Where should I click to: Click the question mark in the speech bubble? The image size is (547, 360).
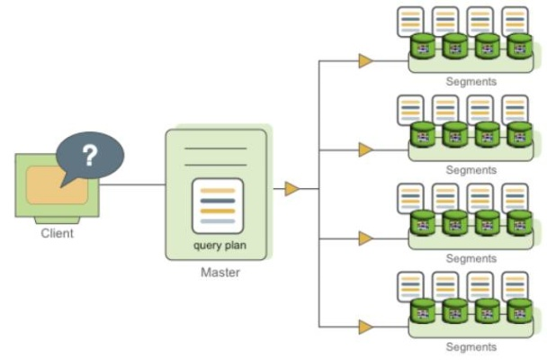89,157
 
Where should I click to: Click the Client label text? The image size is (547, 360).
58,233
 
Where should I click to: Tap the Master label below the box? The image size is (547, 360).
220,273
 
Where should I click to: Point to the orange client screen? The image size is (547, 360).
56,185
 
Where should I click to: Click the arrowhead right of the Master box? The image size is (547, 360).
291,189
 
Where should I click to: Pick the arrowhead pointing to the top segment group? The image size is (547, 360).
365,61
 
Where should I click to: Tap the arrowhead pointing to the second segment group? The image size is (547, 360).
365,149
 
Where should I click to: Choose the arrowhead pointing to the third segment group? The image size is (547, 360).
365,238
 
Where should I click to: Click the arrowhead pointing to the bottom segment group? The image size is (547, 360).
365,327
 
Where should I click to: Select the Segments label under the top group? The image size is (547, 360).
471,81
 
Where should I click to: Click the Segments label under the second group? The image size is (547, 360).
471,169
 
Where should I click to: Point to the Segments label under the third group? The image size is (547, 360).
471,258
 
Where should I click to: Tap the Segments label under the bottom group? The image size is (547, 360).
471,346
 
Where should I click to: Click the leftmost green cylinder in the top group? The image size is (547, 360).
423,46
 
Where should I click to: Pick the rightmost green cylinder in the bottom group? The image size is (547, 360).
519,311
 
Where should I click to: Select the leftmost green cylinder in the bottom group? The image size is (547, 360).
423,311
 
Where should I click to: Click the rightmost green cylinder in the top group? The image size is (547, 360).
519,46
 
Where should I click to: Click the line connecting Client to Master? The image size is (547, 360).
126,185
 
